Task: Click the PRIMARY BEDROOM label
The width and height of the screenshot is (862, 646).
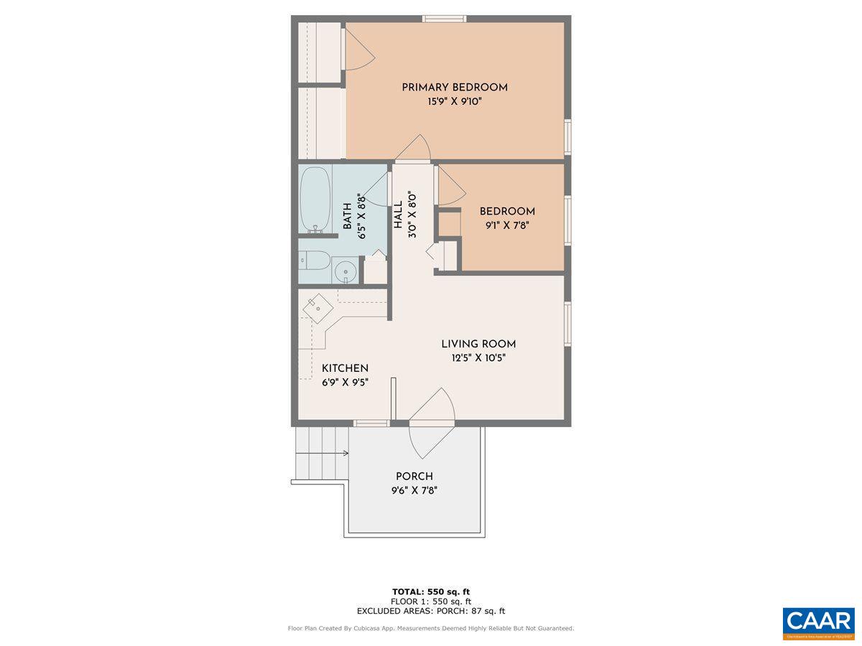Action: coord(454,88)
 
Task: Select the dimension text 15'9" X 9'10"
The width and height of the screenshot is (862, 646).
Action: coord(454,102)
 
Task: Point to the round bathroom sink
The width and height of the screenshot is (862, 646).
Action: coord(347,271)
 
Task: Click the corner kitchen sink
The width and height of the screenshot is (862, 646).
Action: coord(317,309)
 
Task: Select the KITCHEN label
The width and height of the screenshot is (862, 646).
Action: coord(345,368)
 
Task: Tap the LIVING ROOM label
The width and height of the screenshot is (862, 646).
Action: coord(478,344)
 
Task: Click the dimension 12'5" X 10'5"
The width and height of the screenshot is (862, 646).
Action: coord(478,358)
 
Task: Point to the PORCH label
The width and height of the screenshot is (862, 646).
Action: coord(414,477)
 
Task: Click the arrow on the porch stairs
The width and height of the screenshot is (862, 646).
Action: coord(345,453)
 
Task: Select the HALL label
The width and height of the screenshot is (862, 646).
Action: coord(398,215)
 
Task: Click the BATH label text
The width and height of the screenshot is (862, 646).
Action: coord(348,216)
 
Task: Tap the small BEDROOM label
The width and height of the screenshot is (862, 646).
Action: coord(507,212)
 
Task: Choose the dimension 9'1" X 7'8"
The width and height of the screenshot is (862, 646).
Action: coord(507,225)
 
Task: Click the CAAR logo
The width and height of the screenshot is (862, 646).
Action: coord(818,622)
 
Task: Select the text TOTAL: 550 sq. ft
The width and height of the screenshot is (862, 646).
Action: coord(431,591)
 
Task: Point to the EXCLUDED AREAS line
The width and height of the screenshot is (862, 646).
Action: coord(431,611)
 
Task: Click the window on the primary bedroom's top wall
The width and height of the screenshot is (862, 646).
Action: coord(445,19)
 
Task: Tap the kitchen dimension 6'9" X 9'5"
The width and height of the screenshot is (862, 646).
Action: coord(345,383)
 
